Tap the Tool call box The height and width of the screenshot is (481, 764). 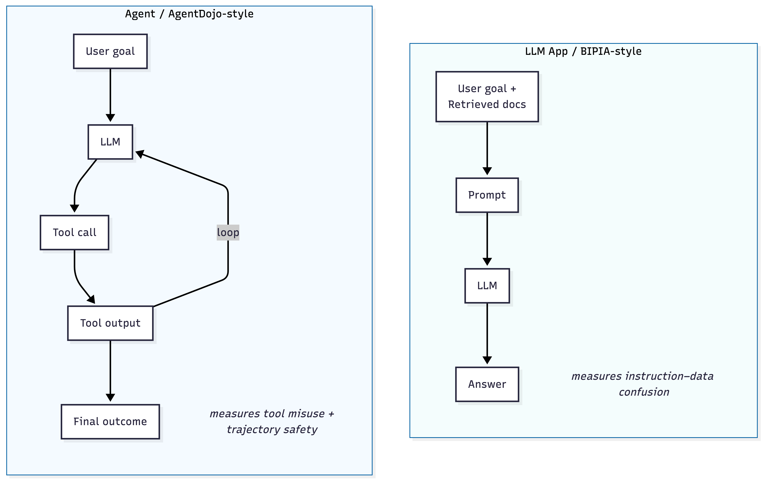coord(74,232)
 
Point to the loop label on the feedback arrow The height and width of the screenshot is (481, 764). coord(228,232)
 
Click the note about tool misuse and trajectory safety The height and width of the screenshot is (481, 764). coord(272,421)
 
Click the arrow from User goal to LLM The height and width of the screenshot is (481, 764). coord(110,92)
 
